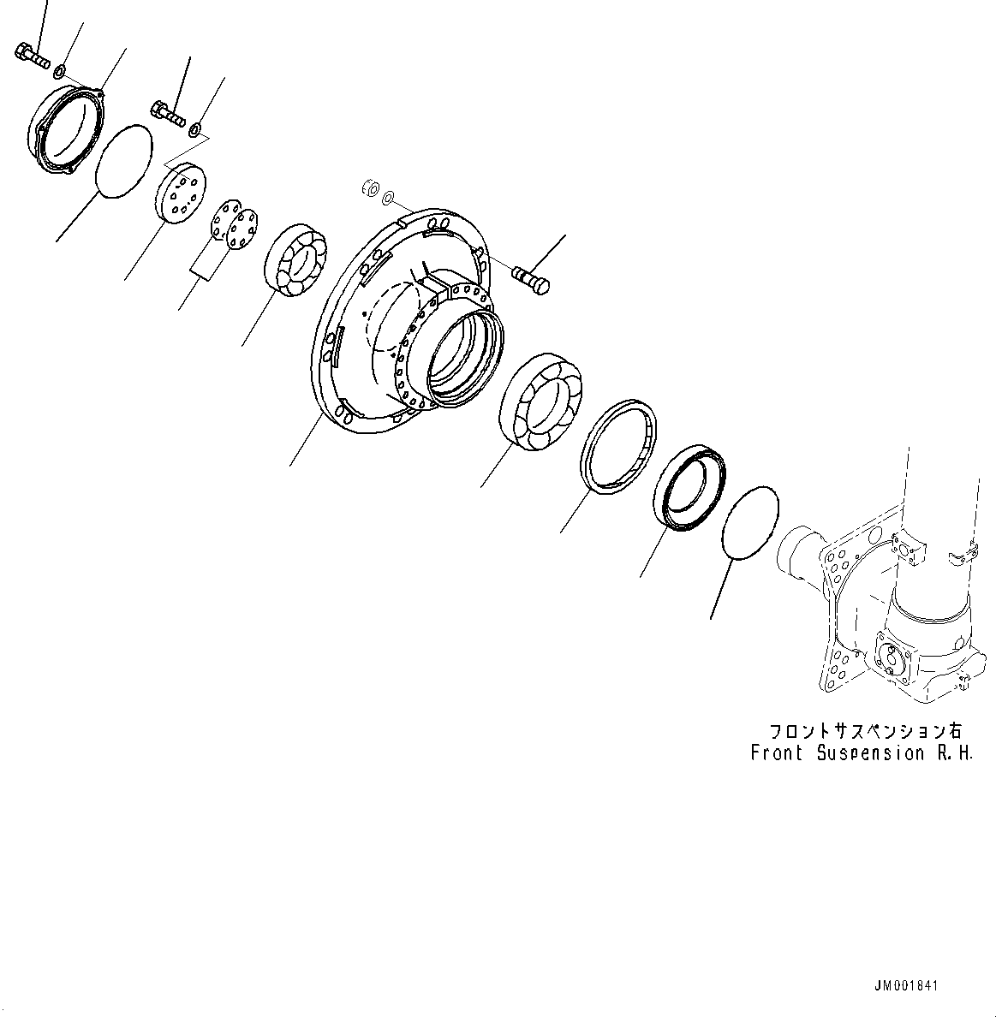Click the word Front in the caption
(x=777, y=753)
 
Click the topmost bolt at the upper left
(x=33, y=55)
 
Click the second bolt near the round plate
(x=170, y=112)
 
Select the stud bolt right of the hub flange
(x=531, y=279)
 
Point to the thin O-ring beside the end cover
(x=123, y=161)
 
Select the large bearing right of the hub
(x=540, y=399)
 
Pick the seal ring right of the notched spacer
(x=690, y=488)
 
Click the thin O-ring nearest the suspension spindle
(x=751, y=524)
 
